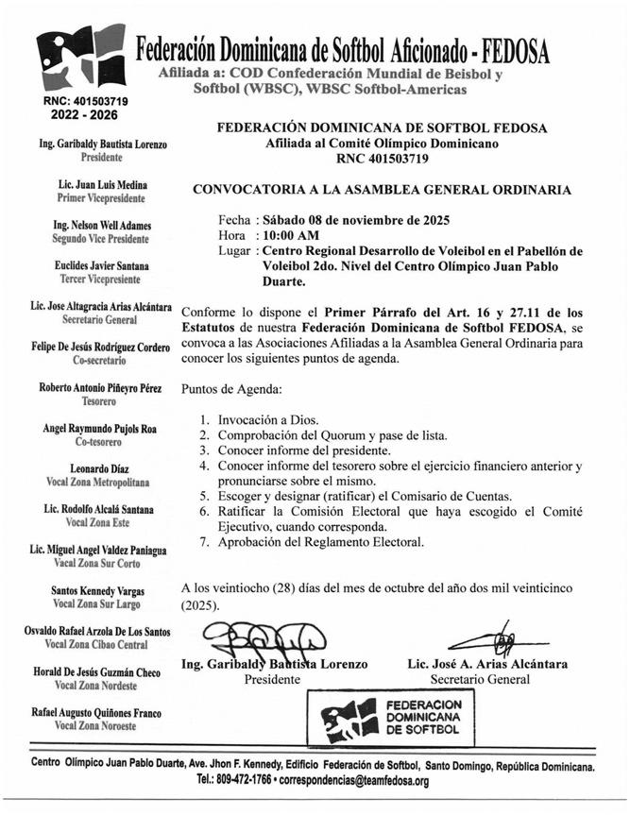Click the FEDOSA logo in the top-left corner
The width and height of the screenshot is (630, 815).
pyautogui.click(x=78, y=58)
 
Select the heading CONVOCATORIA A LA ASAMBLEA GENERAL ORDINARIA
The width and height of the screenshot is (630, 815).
pyautogui.click(x=382, y=189)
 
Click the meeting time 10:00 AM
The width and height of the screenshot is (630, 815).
pyautogui.click(x=291, y=234)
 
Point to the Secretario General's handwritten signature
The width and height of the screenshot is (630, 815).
pyautogui.click(x=491, y=637)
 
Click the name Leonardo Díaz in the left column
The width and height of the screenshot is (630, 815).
pyautogui.click(x=96, y=468)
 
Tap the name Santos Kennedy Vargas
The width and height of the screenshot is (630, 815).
pyautogui.click(x=98, y=590)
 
